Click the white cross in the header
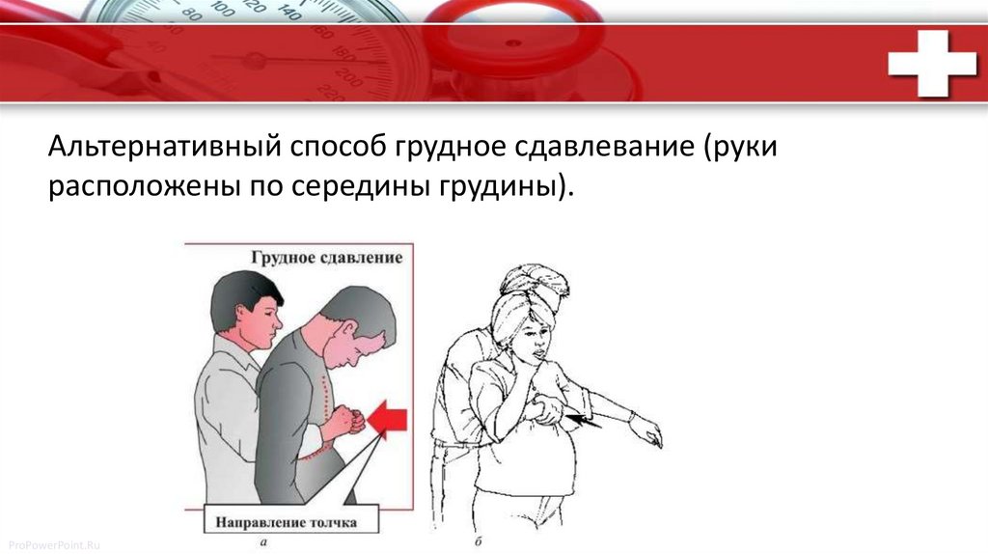(x=932, y=63)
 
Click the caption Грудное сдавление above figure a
(x=326, y=258)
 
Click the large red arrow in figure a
(x=387, y=419)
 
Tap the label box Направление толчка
(x=291, y=520)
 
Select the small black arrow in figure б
(x=583, y=421)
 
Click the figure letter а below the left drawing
(x=262, y=542)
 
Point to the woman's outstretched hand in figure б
(x=646, y=431)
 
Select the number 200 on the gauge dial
(x=349, y=77)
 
